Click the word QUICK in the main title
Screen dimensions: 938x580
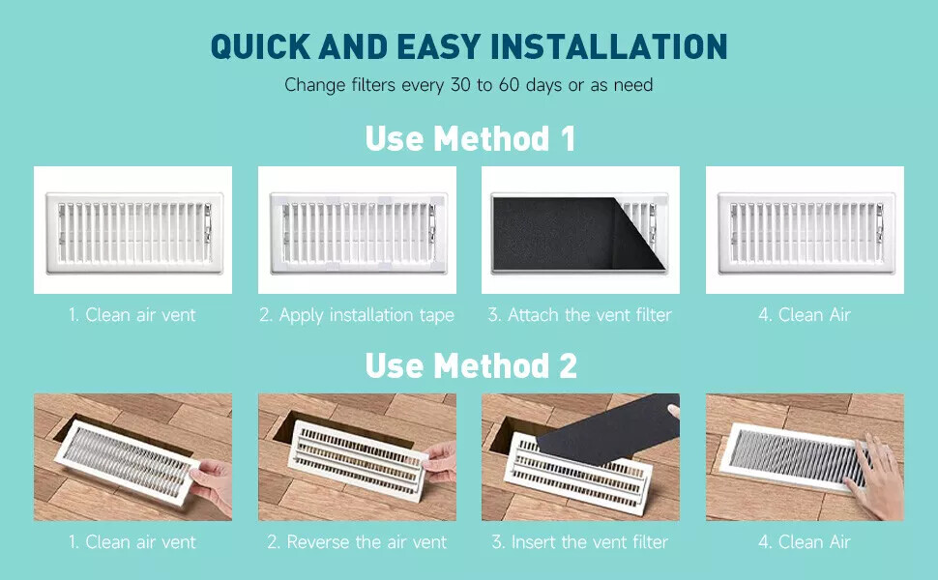260,46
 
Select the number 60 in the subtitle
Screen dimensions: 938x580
509,85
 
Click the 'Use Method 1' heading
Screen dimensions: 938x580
470,138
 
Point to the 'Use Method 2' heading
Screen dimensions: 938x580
471,365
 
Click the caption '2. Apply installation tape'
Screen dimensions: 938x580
357,314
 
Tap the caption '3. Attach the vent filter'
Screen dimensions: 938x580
579,314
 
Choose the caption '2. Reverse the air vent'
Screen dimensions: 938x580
357,541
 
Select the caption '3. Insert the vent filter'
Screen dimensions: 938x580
579,541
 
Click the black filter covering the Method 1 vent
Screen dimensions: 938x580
569,233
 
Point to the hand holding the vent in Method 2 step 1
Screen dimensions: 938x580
212,484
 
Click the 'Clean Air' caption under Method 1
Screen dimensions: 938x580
805,314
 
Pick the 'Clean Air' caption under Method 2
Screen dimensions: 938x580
805,541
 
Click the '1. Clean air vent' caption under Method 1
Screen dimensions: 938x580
132,314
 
